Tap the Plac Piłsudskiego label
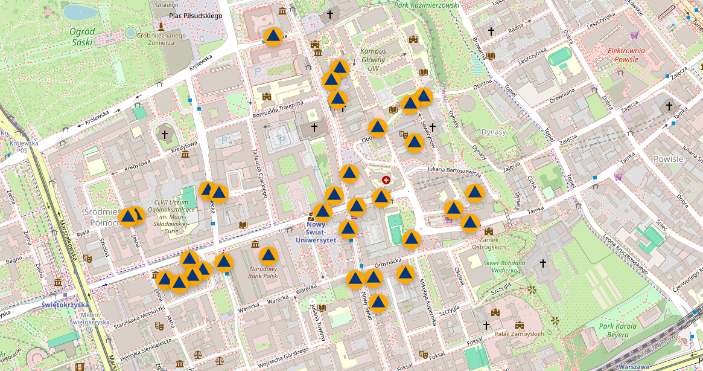pyautogui.click(x=196, y=16)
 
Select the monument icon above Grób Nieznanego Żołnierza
pyautogui.click(x=161, y=27)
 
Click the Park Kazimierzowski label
pyautogui.click(x=427, y=5)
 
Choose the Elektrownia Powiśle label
pyautogui.click(x=626, y=55)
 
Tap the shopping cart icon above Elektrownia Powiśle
pyautogui.click(x=634, y=35)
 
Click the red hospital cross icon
pyautogui.click(x=386, y=179)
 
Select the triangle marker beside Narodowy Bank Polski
pyautogui.click(x=268, y=256)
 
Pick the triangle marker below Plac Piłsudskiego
pyautogui.click(x=273, y=37)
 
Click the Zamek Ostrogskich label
pyautogui.click(x=489, y=243)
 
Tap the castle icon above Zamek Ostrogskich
pyautogui.click(x=489, y=231)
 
